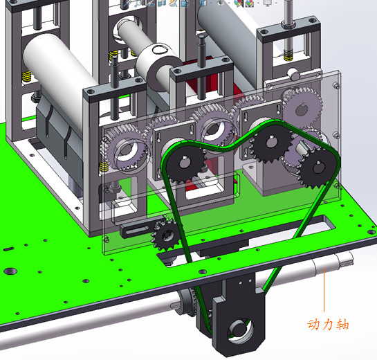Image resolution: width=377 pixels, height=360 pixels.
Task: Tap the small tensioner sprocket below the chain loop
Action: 164,237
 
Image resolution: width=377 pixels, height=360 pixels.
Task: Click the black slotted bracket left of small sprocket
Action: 135,229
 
